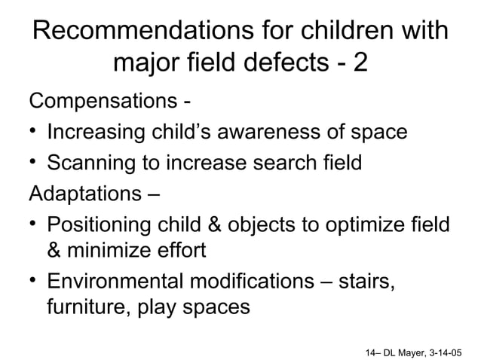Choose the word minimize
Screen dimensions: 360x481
pos(110,252)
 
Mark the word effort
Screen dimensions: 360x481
pos(179,252)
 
